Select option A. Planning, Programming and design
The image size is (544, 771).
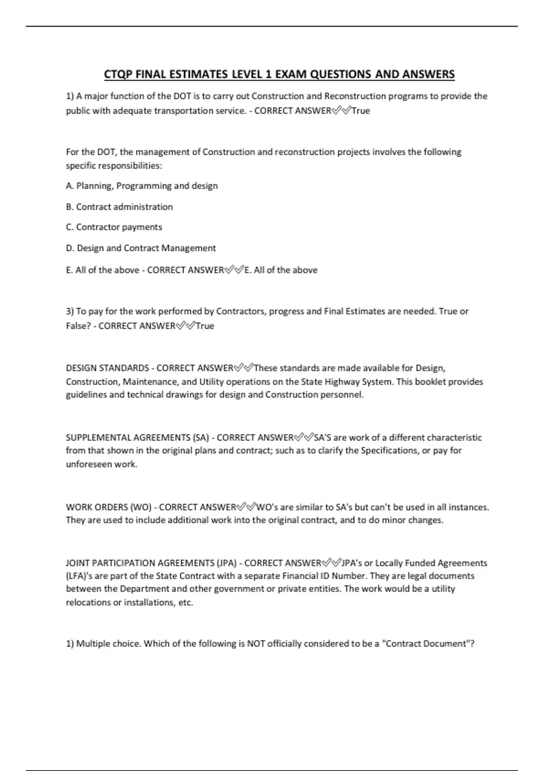pyautogui.click(x=141, y=186)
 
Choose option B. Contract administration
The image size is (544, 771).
pyautogui.click(x=119, y=207)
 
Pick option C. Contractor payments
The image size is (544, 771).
pyautogui.click(x=114, y=227)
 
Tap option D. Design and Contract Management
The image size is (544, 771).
pyautogui.click(x=141, y=248)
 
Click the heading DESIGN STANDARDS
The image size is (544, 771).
pyautogui.click(x=107, y=368)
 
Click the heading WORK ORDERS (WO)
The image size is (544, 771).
pyautogui.click(x=109, y=507)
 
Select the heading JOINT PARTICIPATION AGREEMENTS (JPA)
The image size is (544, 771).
pyautogui.click(x=151, y=563)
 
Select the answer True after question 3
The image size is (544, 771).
pyautogui.click(x=205, y=326)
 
